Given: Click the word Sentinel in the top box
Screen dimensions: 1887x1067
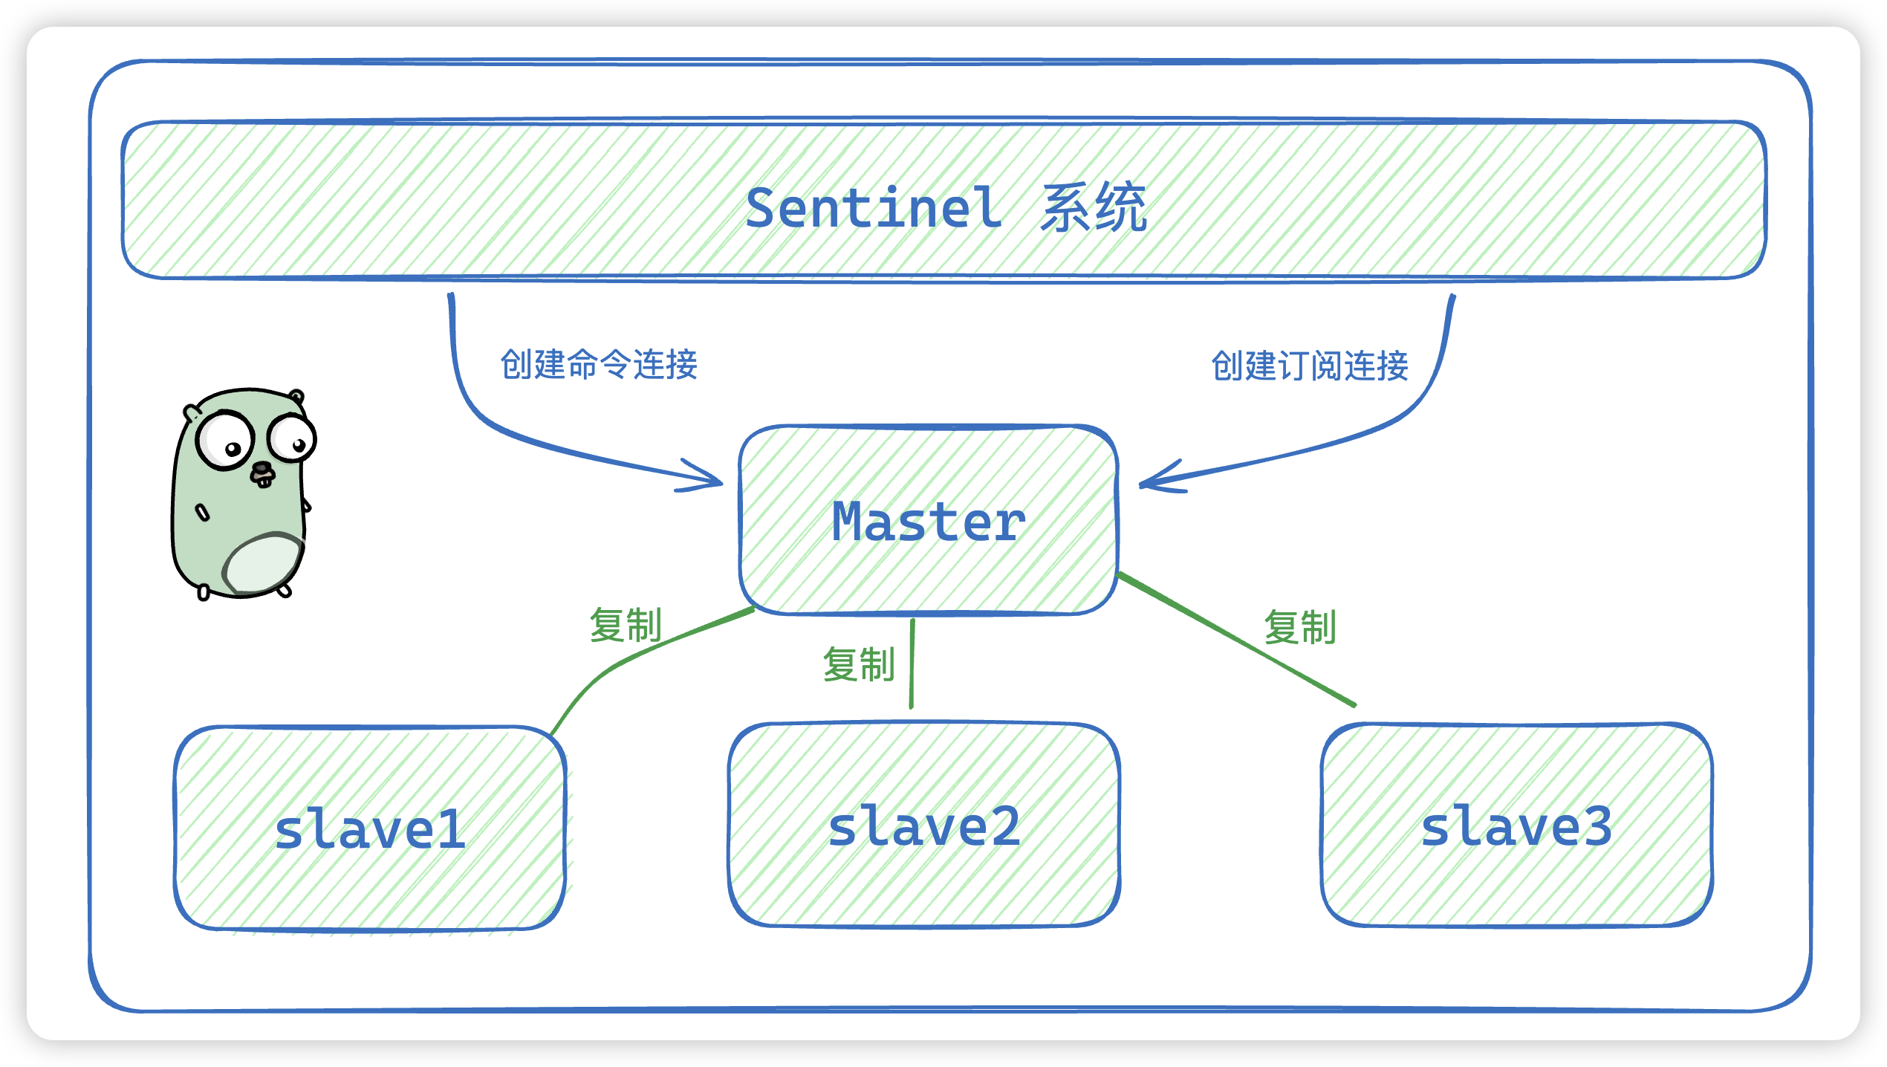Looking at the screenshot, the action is (x=874, y=208).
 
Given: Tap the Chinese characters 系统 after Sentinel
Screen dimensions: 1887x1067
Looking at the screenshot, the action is (x=1094, y=207).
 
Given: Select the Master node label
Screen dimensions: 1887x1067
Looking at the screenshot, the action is (x=929, y=522).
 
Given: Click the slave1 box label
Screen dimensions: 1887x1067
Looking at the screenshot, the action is (x=370, y=830).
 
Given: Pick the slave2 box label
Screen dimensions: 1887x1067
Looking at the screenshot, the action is (x=924, y=827).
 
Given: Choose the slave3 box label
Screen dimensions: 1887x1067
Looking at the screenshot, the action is (x=1516, y=827).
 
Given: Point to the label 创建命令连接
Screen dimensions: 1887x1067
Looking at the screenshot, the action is (x=599, y=365).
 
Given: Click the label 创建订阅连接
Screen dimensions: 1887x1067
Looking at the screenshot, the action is (x=1310, y=366).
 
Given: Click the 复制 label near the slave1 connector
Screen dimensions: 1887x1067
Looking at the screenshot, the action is (x=626, y=625).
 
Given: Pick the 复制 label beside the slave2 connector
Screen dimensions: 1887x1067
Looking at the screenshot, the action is (x=859, y=664).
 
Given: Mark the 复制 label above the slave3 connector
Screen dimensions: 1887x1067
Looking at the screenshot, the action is (x=1300, y=627).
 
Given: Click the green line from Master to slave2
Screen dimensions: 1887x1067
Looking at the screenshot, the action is (x=912, y=664).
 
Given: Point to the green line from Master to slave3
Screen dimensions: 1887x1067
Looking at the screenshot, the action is (x=1237, y=639).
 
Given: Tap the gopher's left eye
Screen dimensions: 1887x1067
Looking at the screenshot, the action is (x=224, y=441).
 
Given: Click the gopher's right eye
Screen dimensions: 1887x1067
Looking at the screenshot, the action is (x=292, y=438).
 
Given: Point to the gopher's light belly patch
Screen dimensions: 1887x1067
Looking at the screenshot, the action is (x=263, y=565).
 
